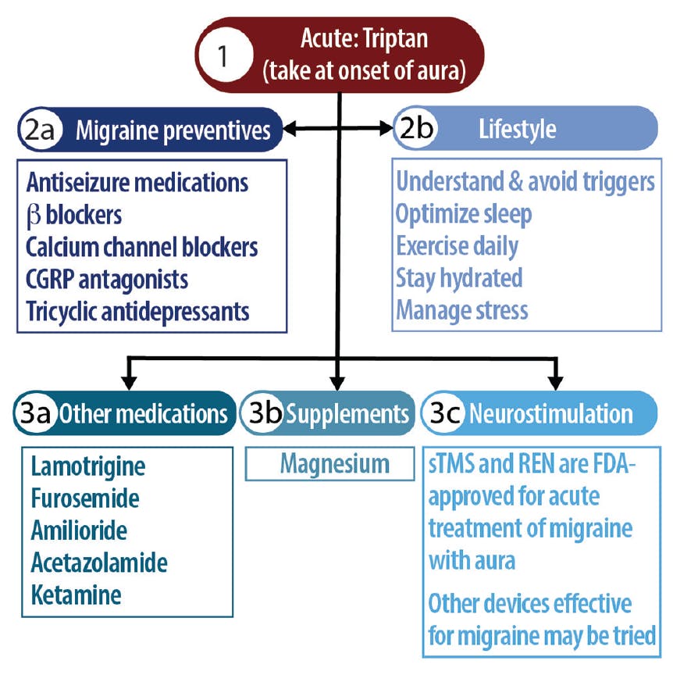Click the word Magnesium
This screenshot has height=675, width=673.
[335, 464]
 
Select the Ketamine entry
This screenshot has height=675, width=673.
[77, 594]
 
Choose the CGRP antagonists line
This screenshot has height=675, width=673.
[107, 279]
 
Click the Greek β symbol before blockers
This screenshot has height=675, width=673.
[34, 216]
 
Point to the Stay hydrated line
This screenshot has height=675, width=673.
[459, 277]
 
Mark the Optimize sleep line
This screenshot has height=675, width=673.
[463, 213]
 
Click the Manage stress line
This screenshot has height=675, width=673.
[462, 309]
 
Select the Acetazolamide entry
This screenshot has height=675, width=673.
[99, 562]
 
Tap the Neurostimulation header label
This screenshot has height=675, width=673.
[550, 413]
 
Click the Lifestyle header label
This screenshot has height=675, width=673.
[517, 129]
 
